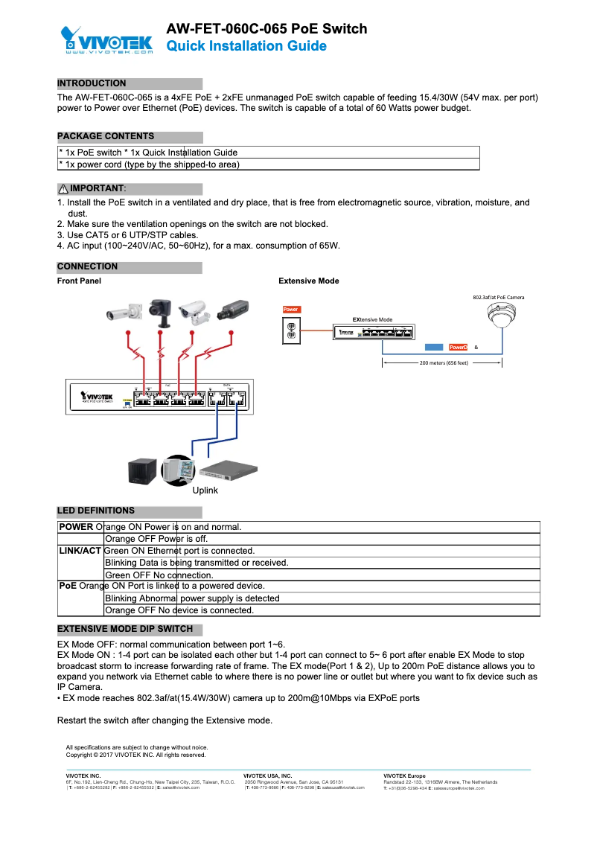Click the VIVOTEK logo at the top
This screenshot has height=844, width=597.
[107, 40]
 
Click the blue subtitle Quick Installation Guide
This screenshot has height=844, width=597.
[246, 46]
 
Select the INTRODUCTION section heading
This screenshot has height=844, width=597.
[92, 83]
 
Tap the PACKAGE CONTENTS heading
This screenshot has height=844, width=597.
[106, 136]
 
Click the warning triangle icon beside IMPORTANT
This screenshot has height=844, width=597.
[63, 188]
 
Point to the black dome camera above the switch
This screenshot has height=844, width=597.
[160, 311]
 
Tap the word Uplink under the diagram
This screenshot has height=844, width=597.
[205, 490]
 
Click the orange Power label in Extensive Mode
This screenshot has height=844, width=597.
[291, 309]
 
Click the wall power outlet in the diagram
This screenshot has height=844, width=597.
[293, 330]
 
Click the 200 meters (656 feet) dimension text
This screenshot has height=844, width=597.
[444, 363]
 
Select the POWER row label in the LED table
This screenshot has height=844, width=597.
[76, 527]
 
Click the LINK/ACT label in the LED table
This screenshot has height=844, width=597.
[80, 551]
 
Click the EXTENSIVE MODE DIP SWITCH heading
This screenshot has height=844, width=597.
[125, 629]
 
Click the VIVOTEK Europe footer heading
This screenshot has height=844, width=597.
[404, 776]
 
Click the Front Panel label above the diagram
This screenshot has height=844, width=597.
[79, 281]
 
